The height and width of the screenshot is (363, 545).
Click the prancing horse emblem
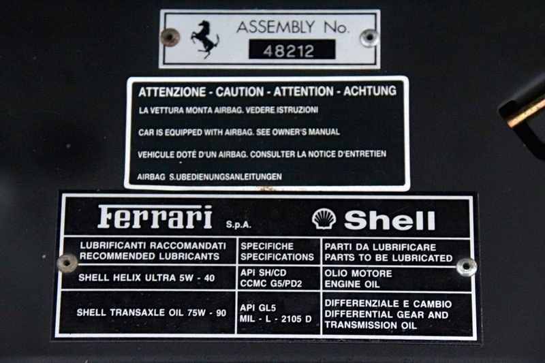point(205,39)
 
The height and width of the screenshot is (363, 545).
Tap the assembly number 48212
point(289,51)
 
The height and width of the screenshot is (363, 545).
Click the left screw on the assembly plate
point(170,37)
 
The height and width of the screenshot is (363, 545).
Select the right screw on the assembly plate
point(369,37)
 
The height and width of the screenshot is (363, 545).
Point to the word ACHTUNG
point(370,91)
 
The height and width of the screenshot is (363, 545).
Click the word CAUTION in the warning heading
point(240,92)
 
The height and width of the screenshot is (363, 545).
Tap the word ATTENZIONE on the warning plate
point(172,93)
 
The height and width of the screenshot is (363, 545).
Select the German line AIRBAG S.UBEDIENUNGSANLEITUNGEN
point(209,177)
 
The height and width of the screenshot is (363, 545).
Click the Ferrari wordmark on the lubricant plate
point(155,217)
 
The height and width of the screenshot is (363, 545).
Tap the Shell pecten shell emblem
point(324,219)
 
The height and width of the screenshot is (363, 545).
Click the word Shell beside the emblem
point(390,220)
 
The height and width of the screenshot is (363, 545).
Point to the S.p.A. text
point(238,224)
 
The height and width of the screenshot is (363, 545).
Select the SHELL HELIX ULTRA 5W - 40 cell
point(146,278)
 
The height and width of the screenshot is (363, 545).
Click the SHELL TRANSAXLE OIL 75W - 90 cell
point(151,313)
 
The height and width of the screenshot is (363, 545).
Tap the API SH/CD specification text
point(263,273)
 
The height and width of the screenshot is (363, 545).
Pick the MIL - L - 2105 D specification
point(275,319)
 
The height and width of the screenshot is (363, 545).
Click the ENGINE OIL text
point(352,284)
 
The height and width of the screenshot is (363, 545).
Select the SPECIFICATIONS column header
point(277,257)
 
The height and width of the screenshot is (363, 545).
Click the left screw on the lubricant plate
point(67,263)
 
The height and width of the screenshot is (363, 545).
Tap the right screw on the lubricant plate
point(466,267)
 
